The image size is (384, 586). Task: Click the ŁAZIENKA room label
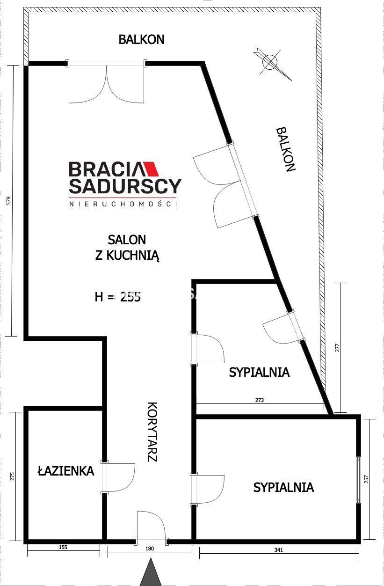tap(66, 471)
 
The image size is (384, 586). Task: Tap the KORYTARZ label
tap(152, 432)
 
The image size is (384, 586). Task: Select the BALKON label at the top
tap(141, 39)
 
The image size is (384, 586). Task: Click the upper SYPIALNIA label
tap(259, 372)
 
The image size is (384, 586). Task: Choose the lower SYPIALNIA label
tap(283, 487)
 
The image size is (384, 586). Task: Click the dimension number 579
tap(9, 200)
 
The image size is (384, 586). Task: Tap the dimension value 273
tap(260, 400)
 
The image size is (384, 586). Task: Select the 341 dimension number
tap(279, 550)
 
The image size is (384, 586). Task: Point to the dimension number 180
tap(150, 549)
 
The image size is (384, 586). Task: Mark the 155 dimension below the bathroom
tap(63, 547)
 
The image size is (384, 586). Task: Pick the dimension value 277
tap(338, 348)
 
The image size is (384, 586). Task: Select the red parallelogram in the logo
tap(151, 169)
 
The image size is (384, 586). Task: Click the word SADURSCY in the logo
tap(125, 186)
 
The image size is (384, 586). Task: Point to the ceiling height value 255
tap(130, 297)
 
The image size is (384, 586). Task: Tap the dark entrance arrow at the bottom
tap(151, 572)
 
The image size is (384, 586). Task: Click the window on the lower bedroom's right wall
tap(358, 480)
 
